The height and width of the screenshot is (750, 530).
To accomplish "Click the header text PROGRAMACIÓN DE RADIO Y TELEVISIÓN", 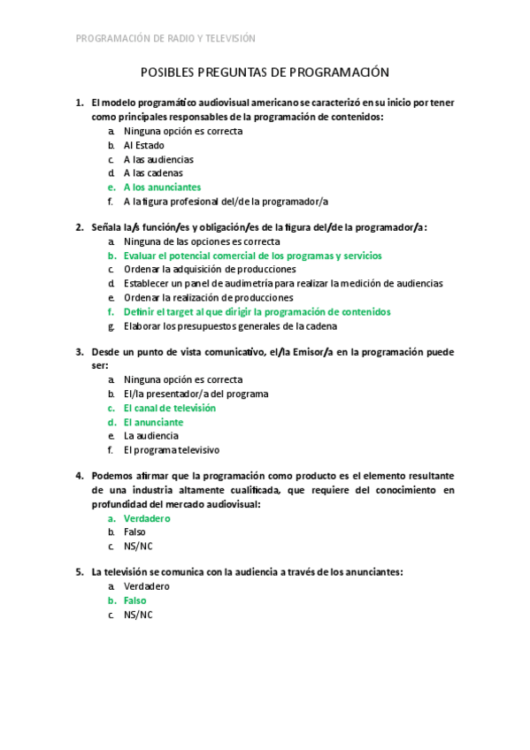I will [165, 38].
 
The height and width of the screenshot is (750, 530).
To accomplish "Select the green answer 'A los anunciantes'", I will [162, 187].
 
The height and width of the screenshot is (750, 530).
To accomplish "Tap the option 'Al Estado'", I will [143, 145].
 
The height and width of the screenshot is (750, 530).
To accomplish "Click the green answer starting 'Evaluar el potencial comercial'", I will [252, 256].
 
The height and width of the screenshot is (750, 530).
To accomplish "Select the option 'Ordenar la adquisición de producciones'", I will [210, 269].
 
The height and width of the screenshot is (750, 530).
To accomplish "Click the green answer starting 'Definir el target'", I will [257, 312].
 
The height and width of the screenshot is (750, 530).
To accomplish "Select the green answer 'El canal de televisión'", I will [169, 409].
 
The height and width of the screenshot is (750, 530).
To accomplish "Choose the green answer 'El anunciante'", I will [153, 423].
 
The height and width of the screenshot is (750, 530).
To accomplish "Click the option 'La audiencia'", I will [150, 436].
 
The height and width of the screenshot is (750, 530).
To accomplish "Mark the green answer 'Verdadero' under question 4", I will [147, 518].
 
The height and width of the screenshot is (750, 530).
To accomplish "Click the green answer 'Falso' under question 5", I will [134, 601].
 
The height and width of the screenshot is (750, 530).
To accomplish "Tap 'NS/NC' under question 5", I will [138, 615].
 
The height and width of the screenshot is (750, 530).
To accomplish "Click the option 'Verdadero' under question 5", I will [147, 586].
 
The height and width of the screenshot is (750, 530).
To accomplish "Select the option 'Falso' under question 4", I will [134, 532].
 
